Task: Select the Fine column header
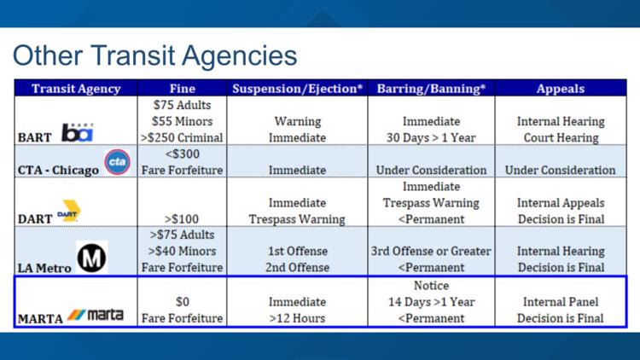(x=183, y=89)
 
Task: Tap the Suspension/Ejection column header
(x=298, y=89)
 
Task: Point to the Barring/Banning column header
(x=431, y=89)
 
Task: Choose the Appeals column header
(x=561, y=89)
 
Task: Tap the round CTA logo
(x=116, y=162)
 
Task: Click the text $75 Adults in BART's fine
(x=183, y=106)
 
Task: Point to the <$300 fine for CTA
(x=183, y=154)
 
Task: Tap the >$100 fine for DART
(x=183, y=219)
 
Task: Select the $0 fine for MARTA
(x=183, y=302)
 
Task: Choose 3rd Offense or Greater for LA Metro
(x=431, y=252)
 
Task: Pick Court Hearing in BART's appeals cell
(x=561, y=137)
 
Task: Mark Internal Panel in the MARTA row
(x=561, y=302)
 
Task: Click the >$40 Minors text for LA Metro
(x=183, y=252)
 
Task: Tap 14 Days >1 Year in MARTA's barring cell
(x=431, y=302)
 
